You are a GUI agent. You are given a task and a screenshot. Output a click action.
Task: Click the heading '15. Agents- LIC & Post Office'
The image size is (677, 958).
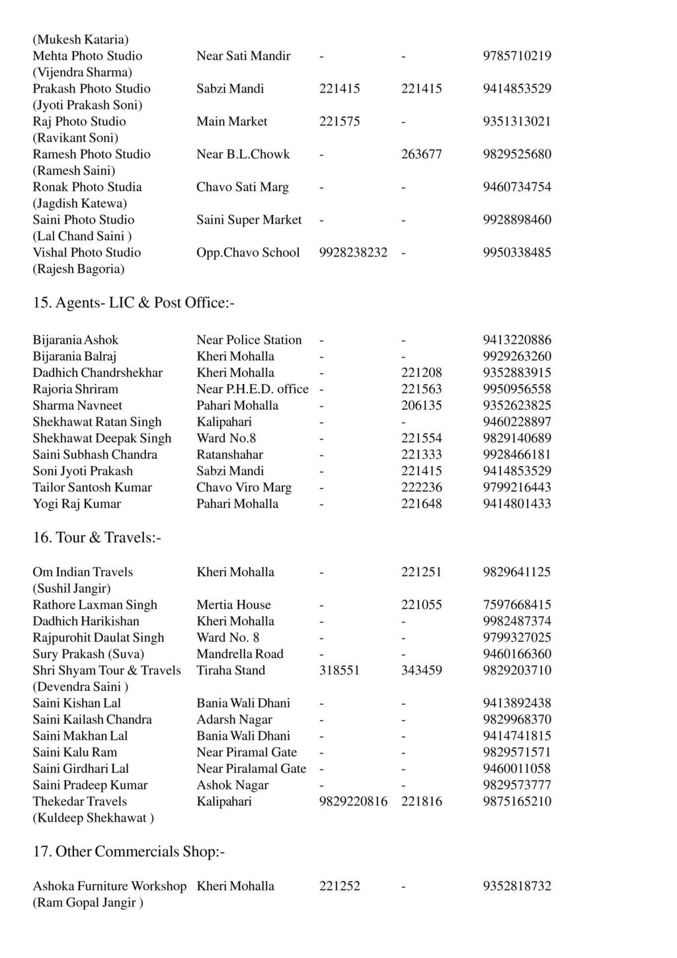(134, 303)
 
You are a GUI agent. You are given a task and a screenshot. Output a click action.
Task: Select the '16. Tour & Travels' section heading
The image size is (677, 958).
(97, 538)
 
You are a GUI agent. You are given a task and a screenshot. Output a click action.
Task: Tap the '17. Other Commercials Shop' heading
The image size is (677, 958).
(128, 852)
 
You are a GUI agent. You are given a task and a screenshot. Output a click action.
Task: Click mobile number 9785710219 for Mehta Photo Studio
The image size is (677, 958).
(517, 56)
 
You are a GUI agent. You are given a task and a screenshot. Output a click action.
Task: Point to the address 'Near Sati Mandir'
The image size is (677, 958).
(243, 56)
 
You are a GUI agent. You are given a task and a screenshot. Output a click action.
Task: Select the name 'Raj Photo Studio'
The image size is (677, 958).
(79, 122)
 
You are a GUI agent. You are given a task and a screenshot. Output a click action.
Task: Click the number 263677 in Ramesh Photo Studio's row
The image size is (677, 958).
(421, 154)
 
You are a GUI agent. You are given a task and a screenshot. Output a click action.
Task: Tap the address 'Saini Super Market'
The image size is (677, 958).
(249, 220)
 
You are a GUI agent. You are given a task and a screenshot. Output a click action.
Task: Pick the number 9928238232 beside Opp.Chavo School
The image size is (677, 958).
(353, 253)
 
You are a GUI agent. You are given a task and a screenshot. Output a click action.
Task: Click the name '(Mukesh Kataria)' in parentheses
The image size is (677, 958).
(81, 40)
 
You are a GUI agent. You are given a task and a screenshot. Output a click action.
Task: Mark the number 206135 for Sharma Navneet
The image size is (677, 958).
(421, 405)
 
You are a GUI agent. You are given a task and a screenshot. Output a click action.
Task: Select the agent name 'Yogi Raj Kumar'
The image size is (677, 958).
(77, 504)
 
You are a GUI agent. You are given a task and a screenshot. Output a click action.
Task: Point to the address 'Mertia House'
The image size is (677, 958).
(233, 605)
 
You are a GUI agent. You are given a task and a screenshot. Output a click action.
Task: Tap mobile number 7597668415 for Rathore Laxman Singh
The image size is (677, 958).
(517, 605)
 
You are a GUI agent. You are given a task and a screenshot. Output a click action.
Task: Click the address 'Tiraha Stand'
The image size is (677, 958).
(231, 670)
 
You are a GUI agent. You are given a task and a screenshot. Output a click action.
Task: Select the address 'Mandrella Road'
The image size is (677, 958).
(239, 654)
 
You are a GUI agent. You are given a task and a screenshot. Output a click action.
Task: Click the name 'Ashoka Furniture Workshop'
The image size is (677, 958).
(110, 886)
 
